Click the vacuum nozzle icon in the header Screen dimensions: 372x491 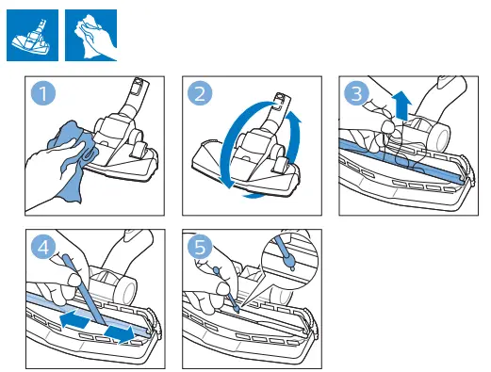(x=31, y=33)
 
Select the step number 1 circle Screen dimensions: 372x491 (x=43, y=95)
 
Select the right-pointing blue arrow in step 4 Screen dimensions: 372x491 (x=120, y=332)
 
